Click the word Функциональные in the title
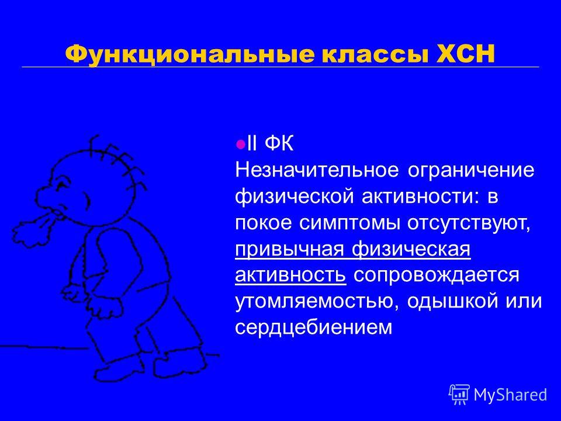click(191, 54)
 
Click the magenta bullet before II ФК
click(241, 144)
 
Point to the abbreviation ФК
click(279, 144)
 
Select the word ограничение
click(471, 171)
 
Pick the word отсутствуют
click(469, 224)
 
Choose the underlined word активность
click(290, 275)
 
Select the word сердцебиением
click(314, 328)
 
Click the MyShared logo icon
click(459, 394)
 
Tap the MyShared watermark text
click(511, 395)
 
